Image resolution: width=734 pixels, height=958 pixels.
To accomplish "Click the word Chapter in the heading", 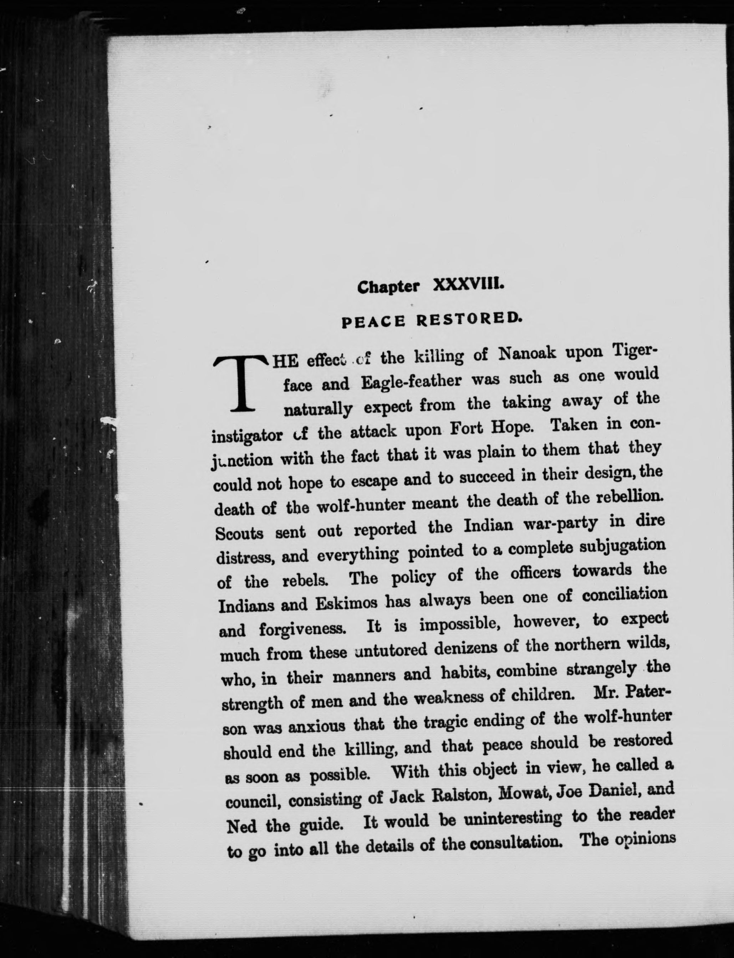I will click(x=388, y=287).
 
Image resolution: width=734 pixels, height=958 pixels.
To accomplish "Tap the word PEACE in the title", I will click(x=373, y=322).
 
